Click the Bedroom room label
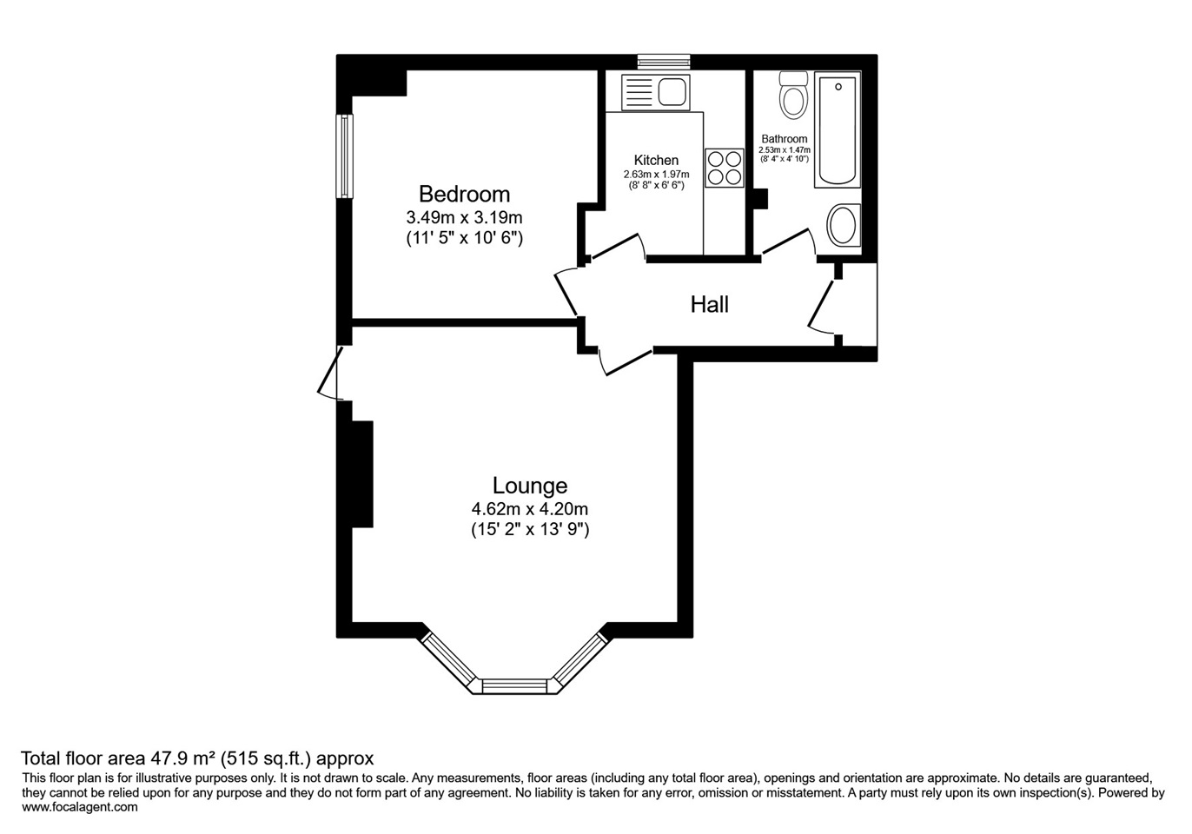(464, 195)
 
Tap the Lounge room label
(529, 486)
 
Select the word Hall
(709, 304)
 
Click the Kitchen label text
(656, 160)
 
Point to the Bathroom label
(784, 139)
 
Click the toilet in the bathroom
(793, 95)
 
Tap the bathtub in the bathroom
(837, 129)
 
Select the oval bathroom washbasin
(843, 225)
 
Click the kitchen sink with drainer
(655, 93)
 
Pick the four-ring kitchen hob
(725, 169)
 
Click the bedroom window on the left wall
(344, 156)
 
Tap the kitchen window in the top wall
(664, 62)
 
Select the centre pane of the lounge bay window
(514, 686)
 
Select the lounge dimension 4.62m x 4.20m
(529, 509)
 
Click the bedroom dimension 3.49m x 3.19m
(464, 218)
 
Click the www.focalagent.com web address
(80, 807)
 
